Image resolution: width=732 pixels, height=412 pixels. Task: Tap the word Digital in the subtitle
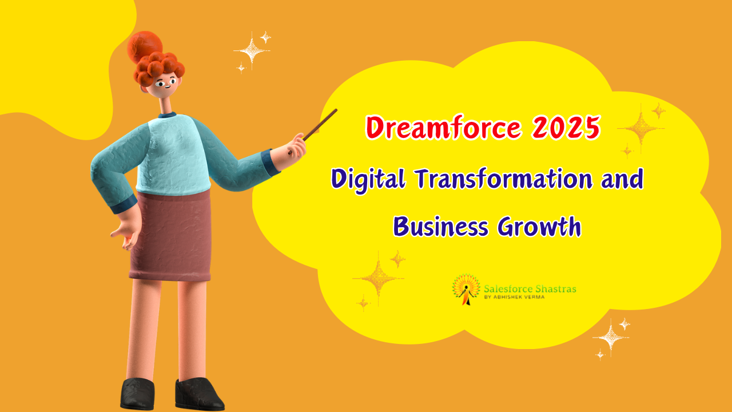(367, 180)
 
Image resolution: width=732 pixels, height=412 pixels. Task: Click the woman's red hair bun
(143, 45)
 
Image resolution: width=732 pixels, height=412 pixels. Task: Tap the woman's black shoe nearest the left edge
(137, 393)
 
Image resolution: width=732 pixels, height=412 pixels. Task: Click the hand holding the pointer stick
(297, 145)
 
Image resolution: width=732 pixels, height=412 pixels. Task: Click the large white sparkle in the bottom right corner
(610, 337)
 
